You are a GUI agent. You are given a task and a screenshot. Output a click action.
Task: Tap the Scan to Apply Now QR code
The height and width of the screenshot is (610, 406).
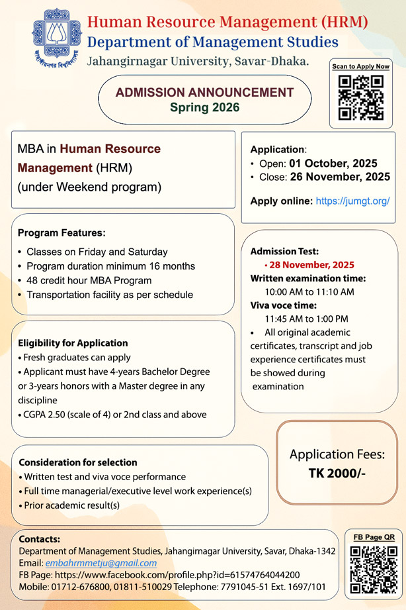pyautogui.click(x=360, y=98)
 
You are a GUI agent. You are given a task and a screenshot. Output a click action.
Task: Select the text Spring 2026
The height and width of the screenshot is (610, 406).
pyautogui.click(x=204, y=106)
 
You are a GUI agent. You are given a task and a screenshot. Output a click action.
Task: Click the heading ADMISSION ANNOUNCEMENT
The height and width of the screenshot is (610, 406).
pyautogui.click(x=204, y=92)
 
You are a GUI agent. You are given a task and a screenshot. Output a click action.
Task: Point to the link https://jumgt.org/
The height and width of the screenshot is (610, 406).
pyautogui.click(x=352, y=200)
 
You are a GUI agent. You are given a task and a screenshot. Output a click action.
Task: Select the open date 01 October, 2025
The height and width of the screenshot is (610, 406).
pyautogui.click(x=333, y=164)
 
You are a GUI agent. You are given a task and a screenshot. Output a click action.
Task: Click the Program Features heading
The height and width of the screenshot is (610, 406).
pyautogui.click(x=61, y=233)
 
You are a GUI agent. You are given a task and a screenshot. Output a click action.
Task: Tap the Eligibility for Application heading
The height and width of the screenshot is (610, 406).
pyautogui.click(x=73, y=343)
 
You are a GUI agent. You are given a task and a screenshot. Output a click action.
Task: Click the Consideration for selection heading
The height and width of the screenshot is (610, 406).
pyautogui.click(x=78, y=462)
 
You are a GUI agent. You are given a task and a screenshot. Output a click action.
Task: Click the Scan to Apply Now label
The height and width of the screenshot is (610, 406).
pyautogui.click(x=360, y=66)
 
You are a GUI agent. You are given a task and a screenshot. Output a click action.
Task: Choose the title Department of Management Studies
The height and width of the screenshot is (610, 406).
pyautogui.click(x=213, y=42)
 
